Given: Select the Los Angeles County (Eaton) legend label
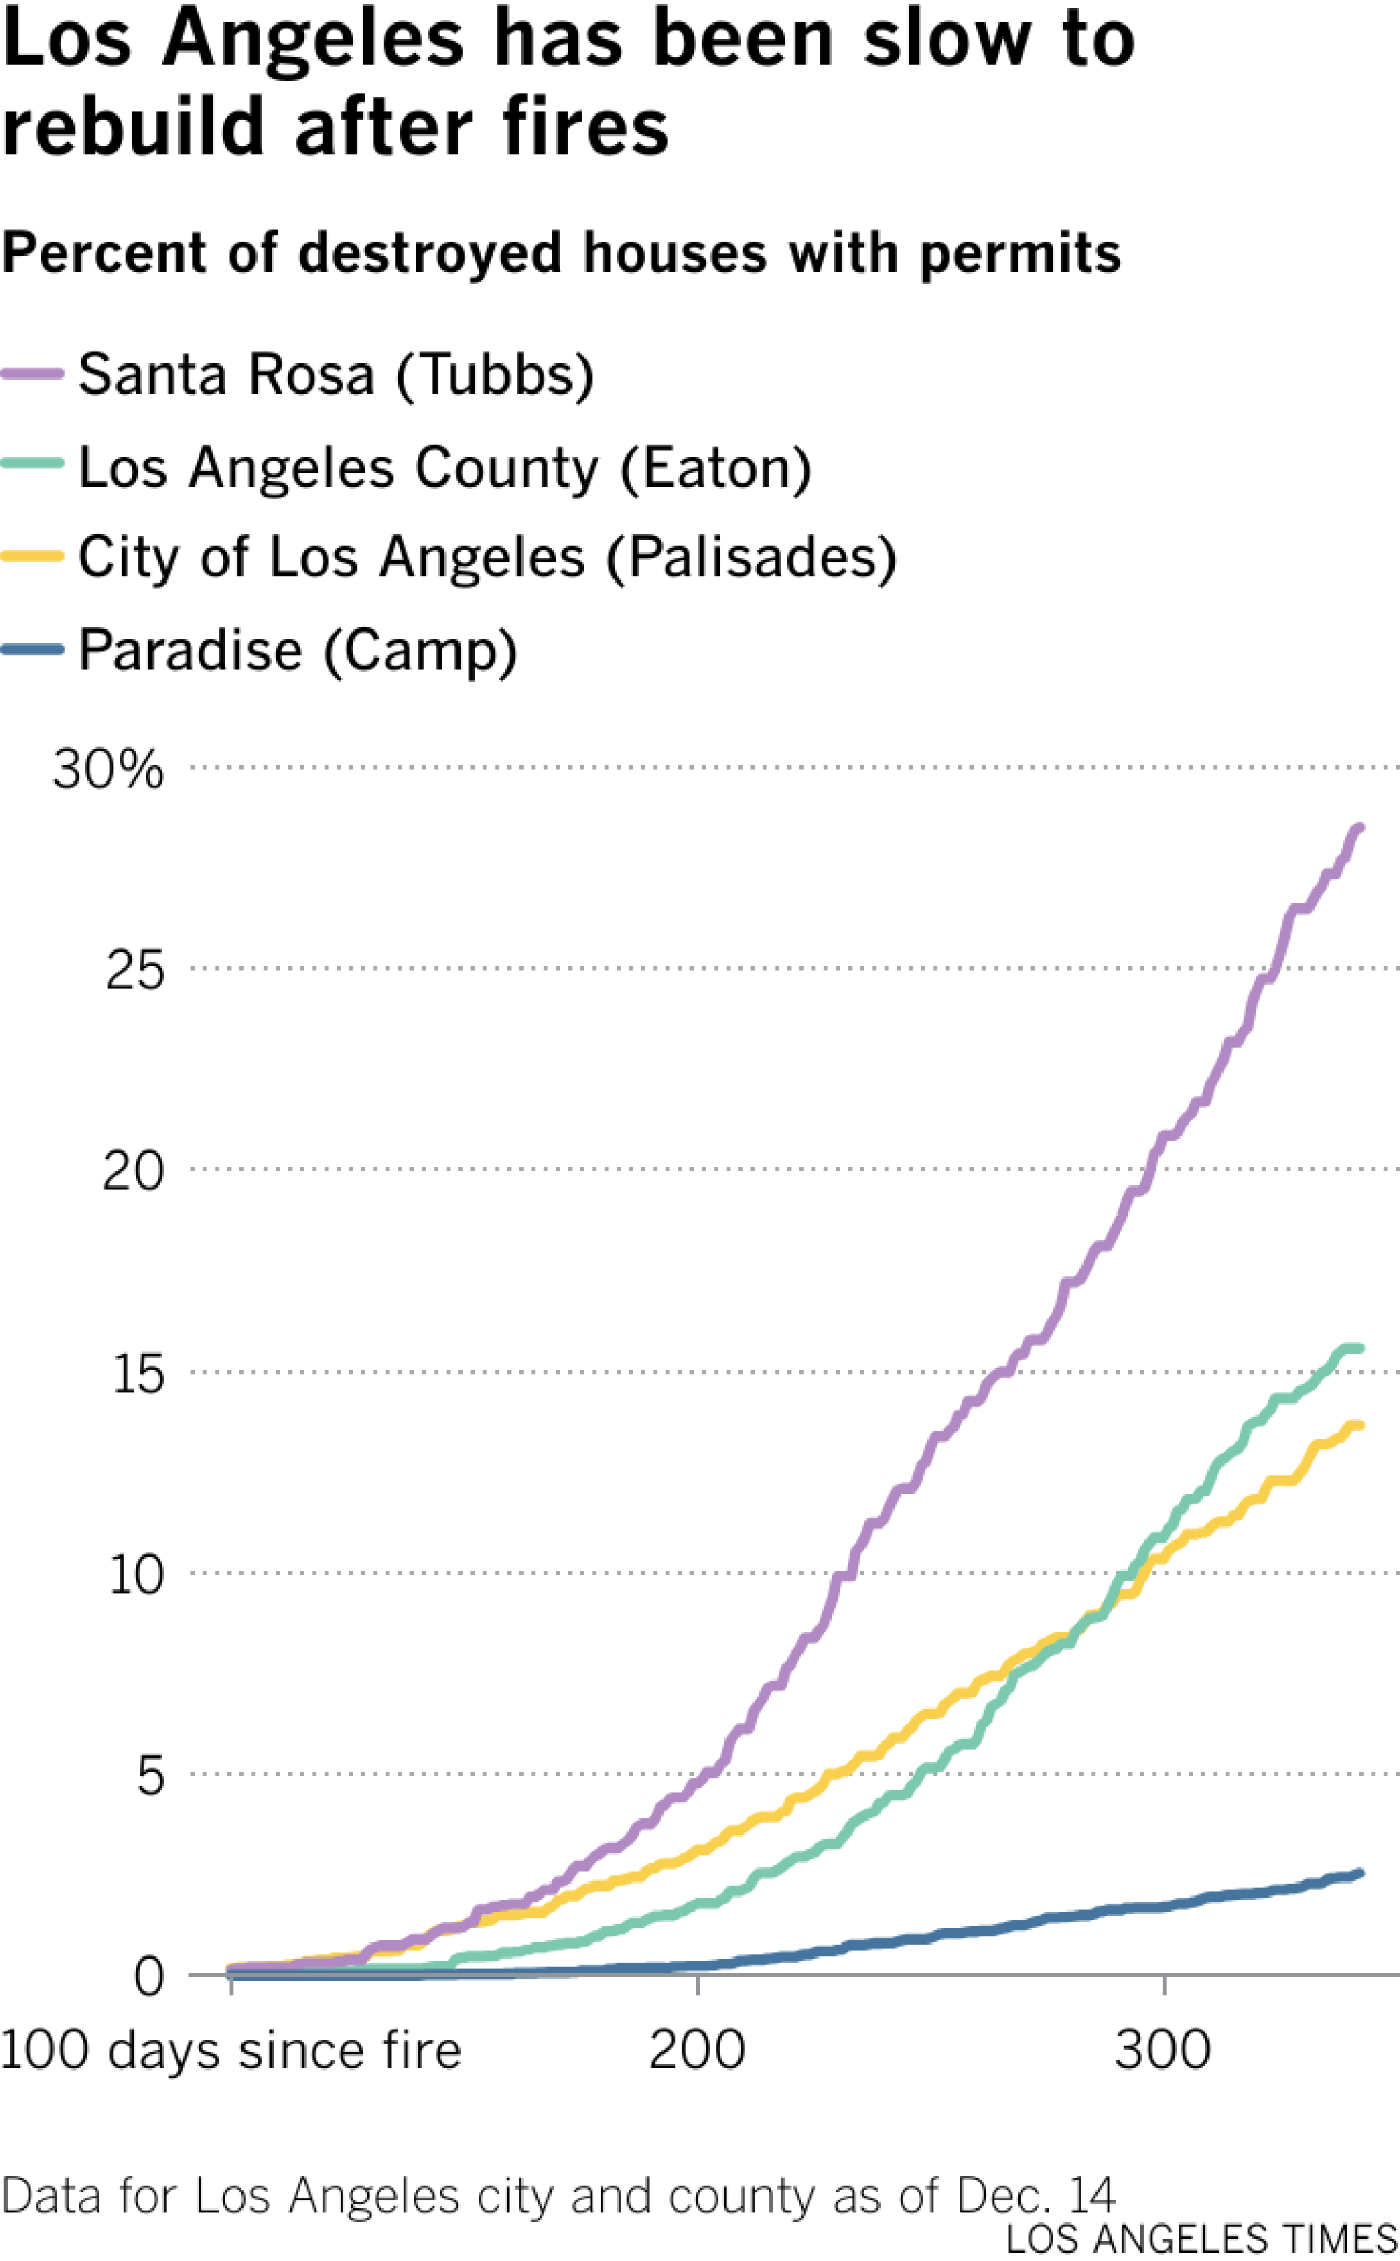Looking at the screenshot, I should (x=445, y=468).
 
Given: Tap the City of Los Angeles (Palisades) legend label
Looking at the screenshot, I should (x=487, y=557).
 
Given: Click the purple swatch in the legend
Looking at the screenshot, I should (x=32, y=373).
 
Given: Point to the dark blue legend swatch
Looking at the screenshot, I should (x=32, y=649).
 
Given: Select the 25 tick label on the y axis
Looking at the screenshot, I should (x=135, y=971).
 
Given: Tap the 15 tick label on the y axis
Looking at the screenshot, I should (x=137, y=1374).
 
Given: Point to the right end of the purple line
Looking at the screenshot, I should (x=1358, y=827).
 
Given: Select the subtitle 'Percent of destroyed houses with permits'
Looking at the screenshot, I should (x=561, y=253).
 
